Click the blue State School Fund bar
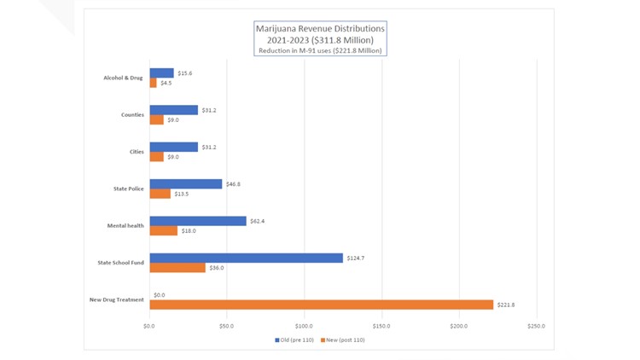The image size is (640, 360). (x=246, y=258)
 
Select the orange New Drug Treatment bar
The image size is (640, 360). (x=321, y=305)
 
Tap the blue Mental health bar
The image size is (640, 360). (x=198, y=221)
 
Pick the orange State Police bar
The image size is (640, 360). (x=160, y=194)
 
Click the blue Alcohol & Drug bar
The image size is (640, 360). (x=161, y=73)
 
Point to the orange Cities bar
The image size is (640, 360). (x=156, y=157)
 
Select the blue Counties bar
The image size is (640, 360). (x=173, y=110)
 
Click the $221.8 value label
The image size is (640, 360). (x=505, y=305)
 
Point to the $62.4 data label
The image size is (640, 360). (x=259, y=221)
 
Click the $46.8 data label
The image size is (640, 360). (x=234, y=183)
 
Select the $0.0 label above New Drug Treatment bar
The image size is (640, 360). (x=160, y=294)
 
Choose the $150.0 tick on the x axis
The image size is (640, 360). (x=381, y=326)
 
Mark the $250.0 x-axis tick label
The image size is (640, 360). (x=536, y=326)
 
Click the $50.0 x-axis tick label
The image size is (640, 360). (x=227, y=326)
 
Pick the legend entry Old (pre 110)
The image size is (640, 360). (x=295, y=340)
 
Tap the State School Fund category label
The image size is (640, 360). (x=121, y=263)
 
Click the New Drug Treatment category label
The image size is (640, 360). (x=116, y=299)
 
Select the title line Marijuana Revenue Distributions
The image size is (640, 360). (x=320, y=28)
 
